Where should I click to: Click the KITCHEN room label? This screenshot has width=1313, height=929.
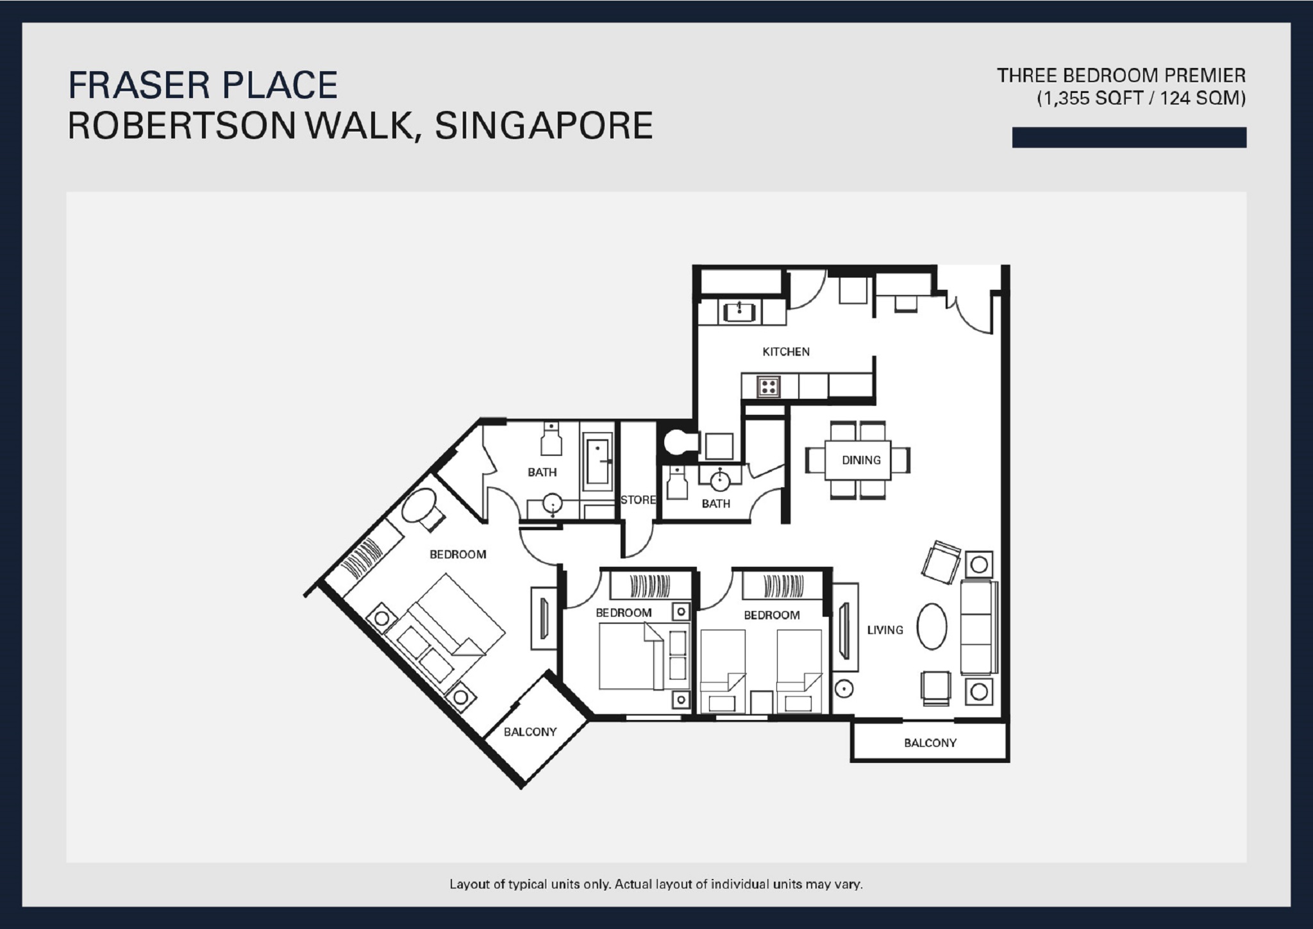click(785, 351)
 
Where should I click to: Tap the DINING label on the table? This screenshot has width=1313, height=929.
click(861, 460)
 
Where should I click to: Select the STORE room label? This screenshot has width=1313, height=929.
click(638, 499)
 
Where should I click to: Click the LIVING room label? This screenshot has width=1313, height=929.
click(885, 630)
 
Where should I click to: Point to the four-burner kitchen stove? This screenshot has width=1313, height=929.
click(769, 386)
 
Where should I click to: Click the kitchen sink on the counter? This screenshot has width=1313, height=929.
click(739, 312)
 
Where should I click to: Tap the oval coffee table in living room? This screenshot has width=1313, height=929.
click(932, 626)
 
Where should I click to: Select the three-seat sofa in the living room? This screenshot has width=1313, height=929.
click(979, 627)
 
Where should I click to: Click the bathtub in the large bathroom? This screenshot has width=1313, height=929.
click(598, 461)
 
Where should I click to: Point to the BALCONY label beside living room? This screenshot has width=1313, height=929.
click(930, 743)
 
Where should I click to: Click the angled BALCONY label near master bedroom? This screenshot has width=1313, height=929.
click(530, 732)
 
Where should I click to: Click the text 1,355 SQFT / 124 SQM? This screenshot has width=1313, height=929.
click(1141, 99)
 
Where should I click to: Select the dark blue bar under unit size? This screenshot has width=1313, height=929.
click(1128, 137)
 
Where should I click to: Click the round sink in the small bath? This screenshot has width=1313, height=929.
click(719, 477)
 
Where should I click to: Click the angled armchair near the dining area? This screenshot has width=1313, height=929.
click(941, 562)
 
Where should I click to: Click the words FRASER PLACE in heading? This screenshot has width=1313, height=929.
click(203, 85)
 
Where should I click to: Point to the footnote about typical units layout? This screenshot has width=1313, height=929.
click(656, 884)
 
